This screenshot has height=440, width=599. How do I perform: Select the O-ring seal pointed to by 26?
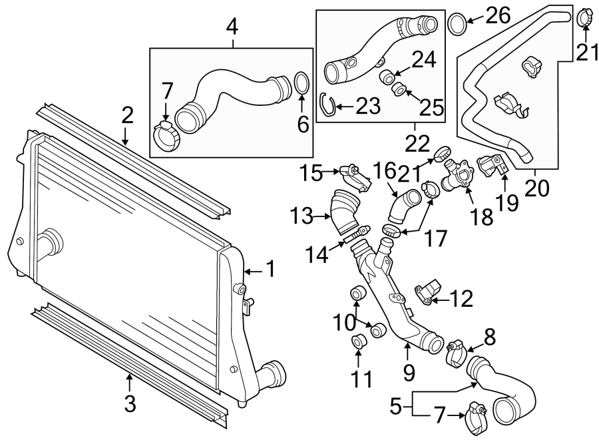tap(457, 24)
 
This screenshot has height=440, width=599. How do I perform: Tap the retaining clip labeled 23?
tap(326, 103)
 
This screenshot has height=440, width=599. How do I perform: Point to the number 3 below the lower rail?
tap(130, 403)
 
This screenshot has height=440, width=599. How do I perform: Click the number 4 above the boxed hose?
tap(232, 27)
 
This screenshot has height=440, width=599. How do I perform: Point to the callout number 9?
tap(409, 368)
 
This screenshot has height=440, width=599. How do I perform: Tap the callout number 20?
tap(536, 188)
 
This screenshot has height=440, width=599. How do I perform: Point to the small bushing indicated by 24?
tap(386, 79)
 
